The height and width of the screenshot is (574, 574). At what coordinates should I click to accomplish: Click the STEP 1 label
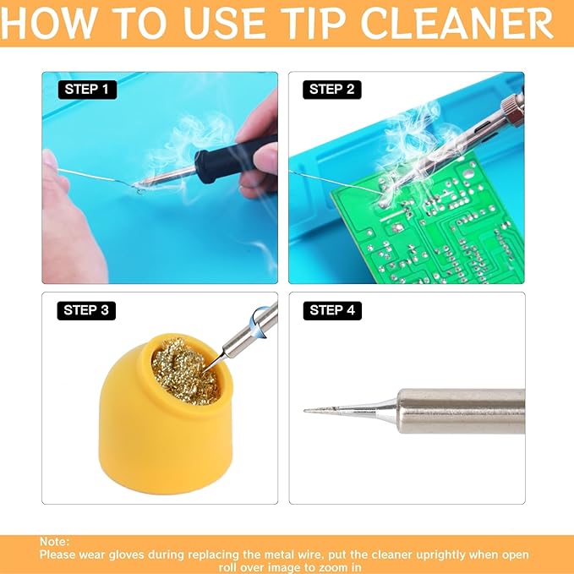[x=87, y=88]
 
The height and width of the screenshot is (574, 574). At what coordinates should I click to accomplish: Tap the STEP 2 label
[x=332, y=89]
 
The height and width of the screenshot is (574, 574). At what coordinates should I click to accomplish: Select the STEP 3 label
[x=86, y=310]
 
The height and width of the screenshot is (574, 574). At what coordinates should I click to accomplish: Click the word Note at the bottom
[x=54, y=542]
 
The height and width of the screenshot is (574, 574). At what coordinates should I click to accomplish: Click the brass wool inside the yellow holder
[x=181, y=369]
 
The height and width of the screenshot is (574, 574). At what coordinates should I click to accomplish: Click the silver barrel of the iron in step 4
[x=461, y=410]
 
